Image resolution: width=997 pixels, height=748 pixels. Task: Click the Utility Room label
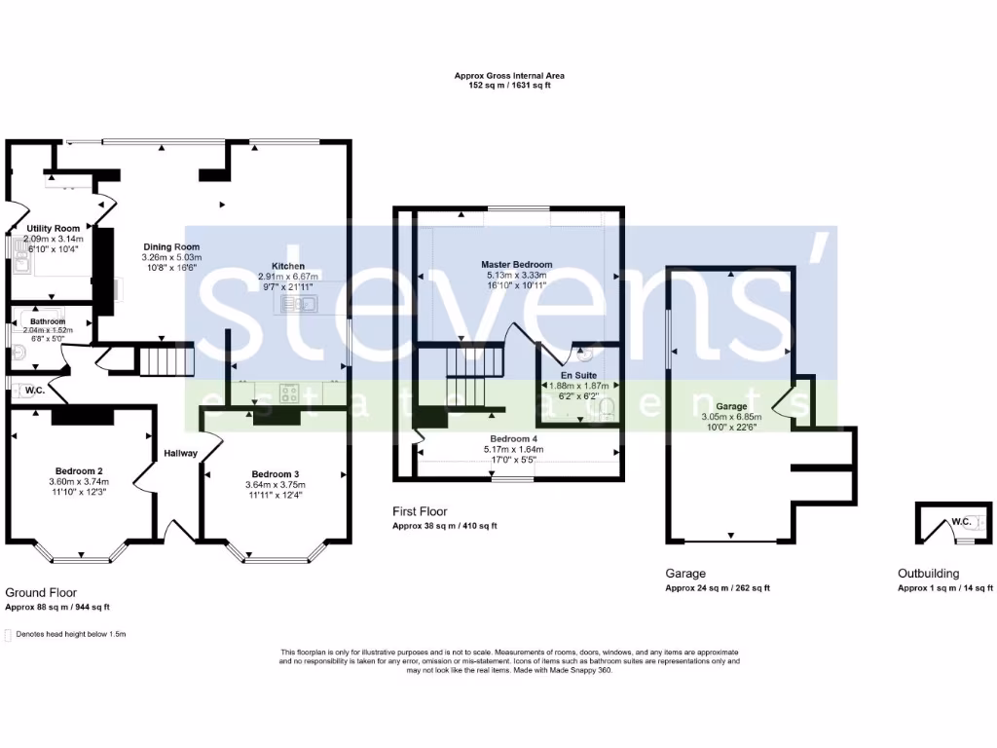[x=54, y=228]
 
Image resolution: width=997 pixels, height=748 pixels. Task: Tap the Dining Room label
[x=171, y=246]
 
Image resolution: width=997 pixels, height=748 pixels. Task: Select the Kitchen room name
[x=288, y=266]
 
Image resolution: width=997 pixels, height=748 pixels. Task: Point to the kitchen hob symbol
[x=290, y=393]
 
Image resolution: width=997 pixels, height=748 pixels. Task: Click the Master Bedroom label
[x=517, y=264]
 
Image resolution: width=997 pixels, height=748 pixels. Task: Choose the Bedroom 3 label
[x=273, y=474]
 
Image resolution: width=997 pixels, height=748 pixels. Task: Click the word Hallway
[x=180, y=453]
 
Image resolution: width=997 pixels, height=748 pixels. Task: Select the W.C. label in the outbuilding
[x=960, y=522]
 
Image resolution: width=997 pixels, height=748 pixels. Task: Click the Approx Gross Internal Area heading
[x=509, y=75]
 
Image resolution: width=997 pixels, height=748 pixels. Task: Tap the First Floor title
[x=420, y=510]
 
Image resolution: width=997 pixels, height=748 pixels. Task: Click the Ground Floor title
[x=41, y=592]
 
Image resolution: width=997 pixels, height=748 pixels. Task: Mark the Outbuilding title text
[x=928, y=574]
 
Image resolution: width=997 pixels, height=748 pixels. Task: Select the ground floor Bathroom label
[x=47, y=321]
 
